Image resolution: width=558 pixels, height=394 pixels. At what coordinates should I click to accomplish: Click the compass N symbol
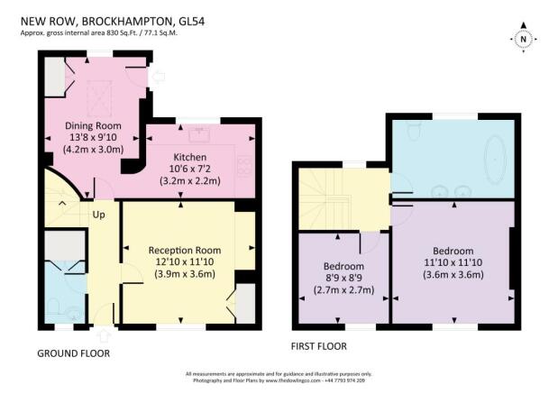pyautogui.click(x=523, y=39)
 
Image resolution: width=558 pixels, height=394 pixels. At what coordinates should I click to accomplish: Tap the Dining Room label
pyautogui.click(x=93, y=125)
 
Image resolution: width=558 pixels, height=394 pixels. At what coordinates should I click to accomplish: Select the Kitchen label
pyautogui.click(x=189, y=157)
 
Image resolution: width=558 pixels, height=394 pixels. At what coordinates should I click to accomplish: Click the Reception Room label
pyautogui.click(x=185, y=251)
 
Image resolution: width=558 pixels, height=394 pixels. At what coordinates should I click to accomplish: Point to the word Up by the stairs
pyautogui.click(x=98, y=215)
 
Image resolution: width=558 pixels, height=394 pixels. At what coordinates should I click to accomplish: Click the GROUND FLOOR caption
pyautogui.click(x=74, y=353)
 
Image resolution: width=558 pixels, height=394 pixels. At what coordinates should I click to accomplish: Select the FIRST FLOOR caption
pyautogui.click(x=319, y=346)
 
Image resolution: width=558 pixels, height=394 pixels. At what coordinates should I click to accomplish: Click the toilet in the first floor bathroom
pyautogui.click(x=414, y=131)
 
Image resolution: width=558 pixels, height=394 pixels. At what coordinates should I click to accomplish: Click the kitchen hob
pyautogui.click(x=245, y=166)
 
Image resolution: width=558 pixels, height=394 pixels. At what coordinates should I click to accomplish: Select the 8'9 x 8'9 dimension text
pyautogui.click(x=343, y=278)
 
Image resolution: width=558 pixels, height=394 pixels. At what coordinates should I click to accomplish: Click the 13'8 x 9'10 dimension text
pyautogui.click(x=93, y=137)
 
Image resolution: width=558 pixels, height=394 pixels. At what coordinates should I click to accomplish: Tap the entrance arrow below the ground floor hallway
pyautogui.click(x=104, y=334)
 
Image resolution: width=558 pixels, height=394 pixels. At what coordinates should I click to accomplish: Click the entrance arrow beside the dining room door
pyautogui.click(x=159, y=77)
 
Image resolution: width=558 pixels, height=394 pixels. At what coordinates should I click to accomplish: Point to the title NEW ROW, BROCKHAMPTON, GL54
pyautogui.click(x=113, y=22)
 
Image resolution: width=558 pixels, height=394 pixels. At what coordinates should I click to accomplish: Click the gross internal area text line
pyautogui.click(x=99, y=33)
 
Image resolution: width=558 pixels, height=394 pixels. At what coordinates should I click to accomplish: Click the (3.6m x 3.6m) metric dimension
pyautogui.click(x=453, y=275)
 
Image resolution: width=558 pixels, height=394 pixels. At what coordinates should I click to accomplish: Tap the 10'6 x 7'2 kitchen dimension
pyautogui.click(x=189, y=169)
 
